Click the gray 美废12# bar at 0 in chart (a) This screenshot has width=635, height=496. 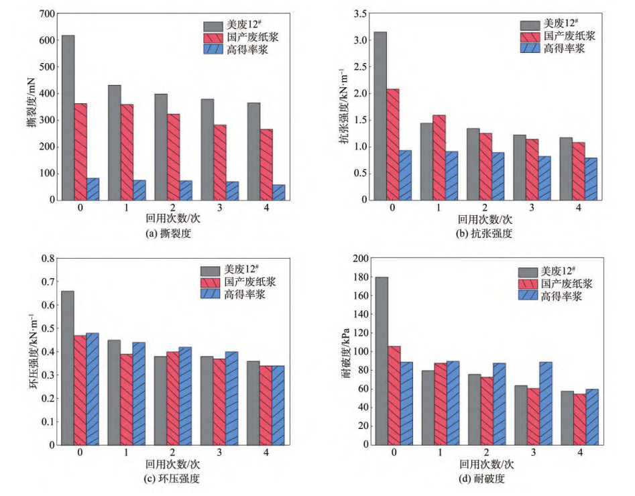click(x=68, y=117)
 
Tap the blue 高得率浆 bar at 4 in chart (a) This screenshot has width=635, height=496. click(x=278, y=192)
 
